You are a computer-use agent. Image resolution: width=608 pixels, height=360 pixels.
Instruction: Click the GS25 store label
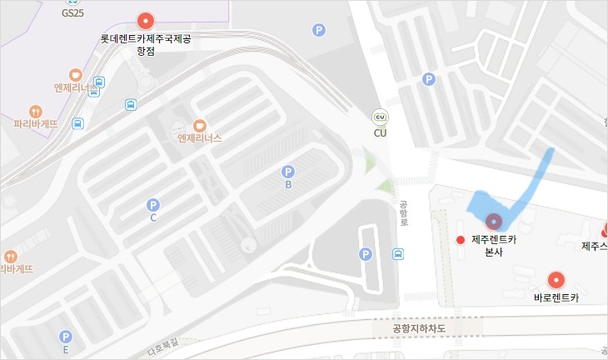[x=73, y=14]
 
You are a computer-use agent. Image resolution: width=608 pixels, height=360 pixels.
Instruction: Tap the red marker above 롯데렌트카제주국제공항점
[x=146, y=21]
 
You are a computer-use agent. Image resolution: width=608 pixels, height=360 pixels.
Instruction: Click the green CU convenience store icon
[x=380, y=117]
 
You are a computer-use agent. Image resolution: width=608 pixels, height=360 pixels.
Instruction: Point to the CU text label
[x=380, y=132]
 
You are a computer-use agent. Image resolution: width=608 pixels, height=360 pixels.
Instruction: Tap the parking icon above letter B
[x=288, y=172]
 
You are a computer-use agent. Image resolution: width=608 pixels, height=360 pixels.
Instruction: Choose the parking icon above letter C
[x=152, y=204]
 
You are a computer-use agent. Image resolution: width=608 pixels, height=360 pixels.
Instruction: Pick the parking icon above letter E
[x=66, y=337]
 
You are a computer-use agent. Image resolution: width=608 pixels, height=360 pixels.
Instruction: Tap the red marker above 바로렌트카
[x=556, y=280]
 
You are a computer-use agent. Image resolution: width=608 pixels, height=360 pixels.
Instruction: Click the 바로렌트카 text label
[x=556, y=297]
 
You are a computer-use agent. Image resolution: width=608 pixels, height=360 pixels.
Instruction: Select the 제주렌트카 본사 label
[x=494, y=245]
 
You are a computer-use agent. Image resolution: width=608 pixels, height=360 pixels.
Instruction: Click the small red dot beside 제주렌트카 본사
[x=459, y=240]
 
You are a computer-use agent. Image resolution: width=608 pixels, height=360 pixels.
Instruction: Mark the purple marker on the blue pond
[x=494, y=221]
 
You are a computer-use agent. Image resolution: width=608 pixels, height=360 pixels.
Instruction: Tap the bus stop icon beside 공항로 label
[x=399, y=254]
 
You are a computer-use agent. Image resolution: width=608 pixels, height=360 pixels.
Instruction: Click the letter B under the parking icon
[x=288, y=185]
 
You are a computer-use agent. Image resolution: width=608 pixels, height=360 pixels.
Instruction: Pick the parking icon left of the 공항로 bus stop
[x=364, y=254]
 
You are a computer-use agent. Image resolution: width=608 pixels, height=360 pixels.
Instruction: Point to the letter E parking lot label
[x=66, y=350]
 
